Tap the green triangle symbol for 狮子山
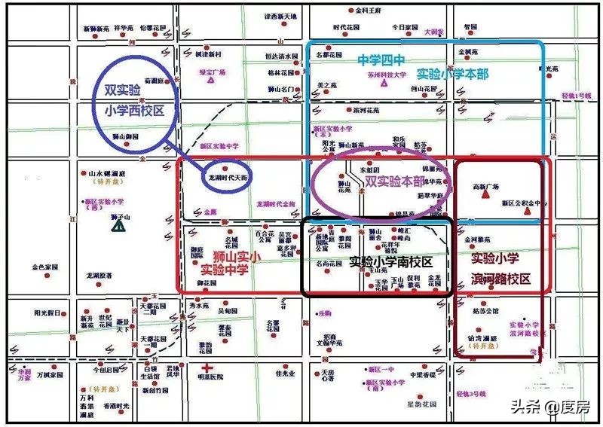click(x=118, y=225)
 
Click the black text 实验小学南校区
click(x=390, y=262)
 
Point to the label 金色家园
click(x=44, y=267)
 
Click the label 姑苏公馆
click(x=486, y=310)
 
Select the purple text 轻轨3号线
click(x=471, y=393)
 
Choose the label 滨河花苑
click(x=366, y=110)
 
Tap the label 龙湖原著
click(x=98, y=276)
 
